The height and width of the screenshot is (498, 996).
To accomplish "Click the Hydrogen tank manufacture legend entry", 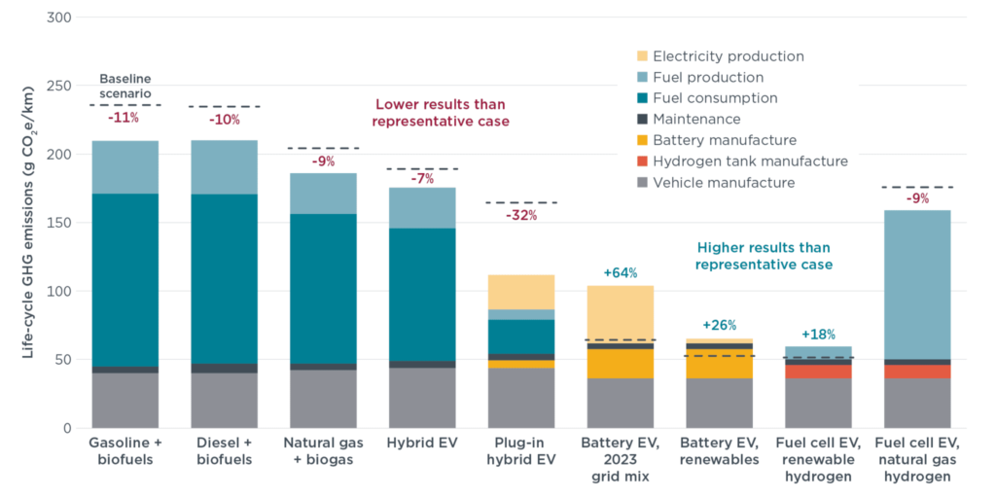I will [750, 161].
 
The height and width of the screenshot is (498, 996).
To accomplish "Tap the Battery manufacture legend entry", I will [725, 140].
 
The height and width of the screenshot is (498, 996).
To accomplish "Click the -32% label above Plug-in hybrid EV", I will [521, 215].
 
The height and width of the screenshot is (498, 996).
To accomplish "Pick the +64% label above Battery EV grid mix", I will [620, 273].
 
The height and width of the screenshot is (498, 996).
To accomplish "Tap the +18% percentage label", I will [817, 334].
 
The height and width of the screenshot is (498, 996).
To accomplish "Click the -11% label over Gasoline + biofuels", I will [123, 118].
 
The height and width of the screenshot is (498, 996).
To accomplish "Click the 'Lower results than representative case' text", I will [442, 113].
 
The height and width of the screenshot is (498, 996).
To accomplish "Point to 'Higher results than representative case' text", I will [765, 255].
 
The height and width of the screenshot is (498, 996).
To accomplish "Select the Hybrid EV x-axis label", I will [421, 443].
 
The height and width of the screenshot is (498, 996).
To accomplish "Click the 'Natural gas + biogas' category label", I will [323, 451].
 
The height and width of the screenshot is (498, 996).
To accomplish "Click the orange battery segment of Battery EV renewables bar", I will [719, 364].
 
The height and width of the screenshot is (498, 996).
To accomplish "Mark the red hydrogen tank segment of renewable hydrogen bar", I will [817, 372].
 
